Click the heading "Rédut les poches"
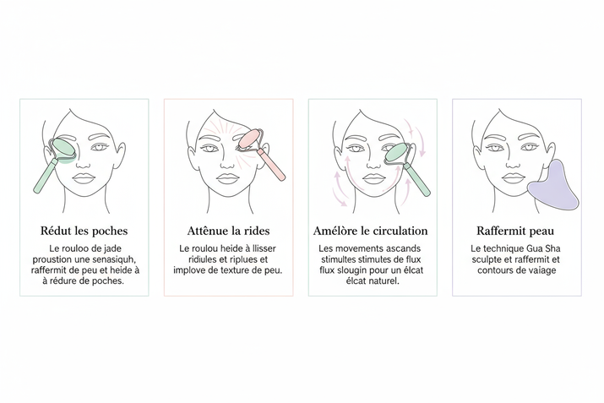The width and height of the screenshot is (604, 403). pyautogui.click(x=84, y=230)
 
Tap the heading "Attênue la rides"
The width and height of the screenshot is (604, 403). pyautogui.click(x=228, y=230)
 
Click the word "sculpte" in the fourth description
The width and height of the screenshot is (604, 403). pyautogui.click(x=492, y=259)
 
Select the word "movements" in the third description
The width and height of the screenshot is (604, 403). pyautogui.click(x=361, y=248)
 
